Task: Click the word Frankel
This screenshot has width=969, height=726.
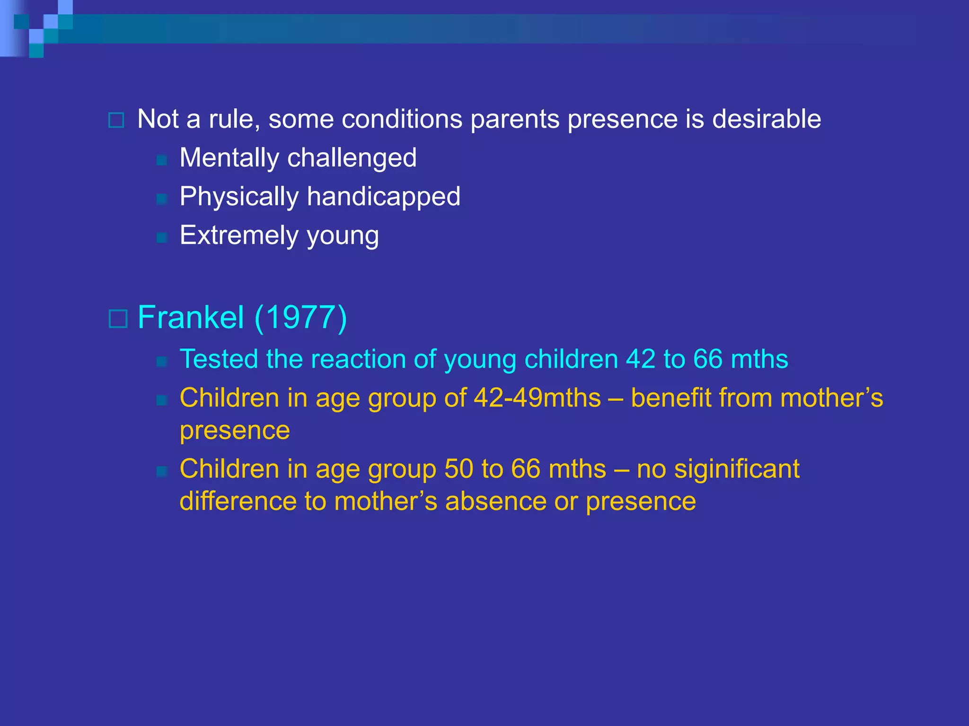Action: coord(191,317)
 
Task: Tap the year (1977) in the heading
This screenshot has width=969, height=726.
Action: coord(301,317)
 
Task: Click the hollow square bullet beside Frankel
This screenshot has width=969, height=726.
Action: coord(118,319)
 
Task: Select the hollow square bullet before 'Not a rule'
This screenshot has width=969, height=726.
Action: coord(116,120)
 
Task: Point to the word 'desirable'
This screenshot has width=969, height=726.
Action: coord(766,119)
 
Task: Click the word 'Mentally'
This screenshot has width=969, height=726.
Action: coord(229,158)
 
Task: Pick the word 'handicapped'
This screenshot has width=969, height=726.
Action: coord(383,197)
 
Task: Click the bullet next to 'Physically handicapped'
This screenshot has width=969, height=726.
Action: coord(162,199)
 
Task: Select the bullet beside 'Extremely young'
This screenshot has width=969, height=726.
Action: coord(162,238)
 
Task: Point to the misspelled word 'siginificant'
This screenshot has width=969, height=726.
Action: coord(737,469)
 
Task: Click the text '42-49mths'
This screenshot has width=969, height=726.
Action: coord(537,398)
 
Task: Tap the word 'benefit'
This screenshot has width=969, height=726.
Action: coord(671,398)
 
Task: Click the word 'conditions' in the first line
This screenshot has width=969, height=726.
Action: coord(402,119)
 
